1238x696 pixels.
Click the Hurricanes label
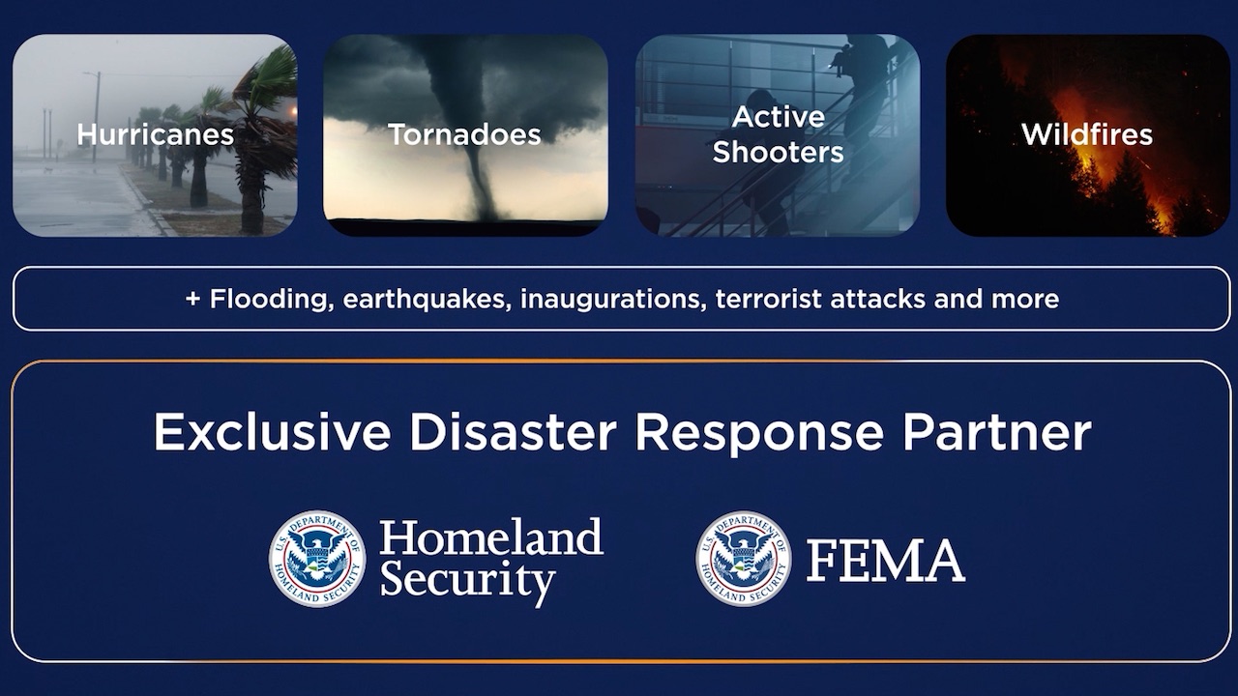156,134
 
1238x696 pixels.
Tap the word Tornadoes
464,134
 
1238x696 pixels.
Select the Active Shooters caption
779,134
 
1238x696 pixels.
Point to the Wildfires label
1087,134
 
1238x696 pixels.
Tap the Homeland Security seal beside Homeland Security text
317,559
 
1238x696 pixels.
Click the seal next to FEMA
744,559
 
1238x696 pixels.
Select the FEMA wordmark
886,561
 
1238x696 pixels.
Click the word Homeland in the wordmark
491,536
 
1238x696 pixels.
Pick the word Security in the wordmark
467,582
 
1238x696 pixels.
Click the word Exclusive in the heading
272,431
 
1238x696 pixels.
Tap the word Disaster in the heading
513,431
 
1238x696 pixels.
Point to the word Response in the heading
759,435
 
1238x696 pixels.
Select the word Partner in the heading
997,431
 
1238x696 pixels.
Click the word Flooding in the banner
272,300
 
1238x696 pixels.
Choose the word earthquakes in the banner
427,300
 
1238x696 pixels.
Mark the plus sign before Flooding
192,299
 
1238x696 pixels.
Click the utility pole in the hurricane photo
97,117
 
